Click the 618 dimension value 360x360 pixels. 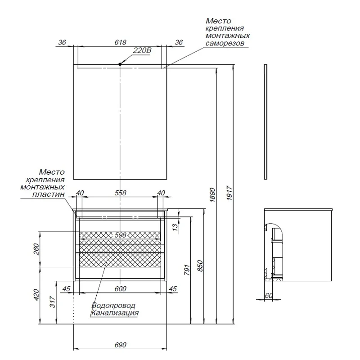[120, 42]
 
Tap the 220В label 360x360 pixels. [142, 50]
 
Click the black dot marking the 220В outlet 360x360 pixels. [120, 64]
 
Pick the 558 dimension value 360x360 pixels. [120, 193]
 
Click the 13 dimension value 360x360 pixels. [175, 227]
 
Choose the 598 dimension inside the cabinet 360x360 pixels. [120, 235]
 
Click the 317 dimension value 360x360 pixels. [52, 302]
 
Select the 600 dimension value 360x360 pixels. [120, 288]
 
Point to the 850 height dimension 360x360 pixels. [201, 266]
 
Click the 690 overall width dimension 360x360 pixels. [120, 344]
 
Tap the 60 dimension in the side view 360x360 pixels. [269, 295]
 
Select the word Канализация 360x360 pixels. [114, 313]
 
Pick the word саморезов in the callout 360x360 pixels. [224, 44]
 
